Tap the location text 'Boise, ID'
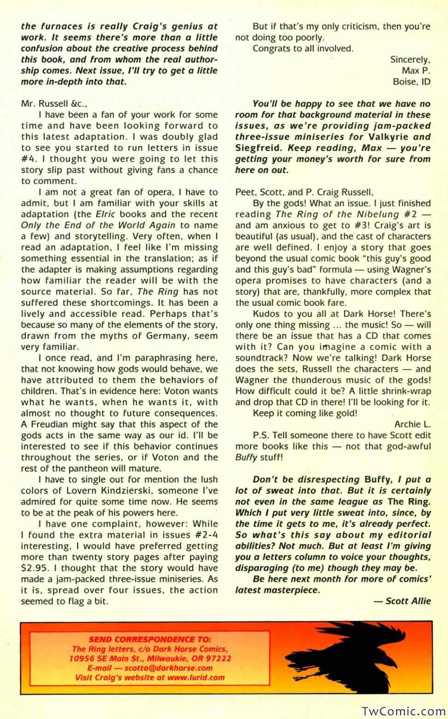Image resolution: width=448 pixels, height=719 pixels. pyautogui.click(x=411, y=82)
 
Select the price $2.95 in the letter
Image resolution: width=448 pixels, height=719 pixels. pyautogui.click(x=35, y=568)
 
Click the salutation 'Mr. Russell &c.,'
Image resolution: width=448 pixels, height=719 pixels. pyautogui.click(x=54, y=103)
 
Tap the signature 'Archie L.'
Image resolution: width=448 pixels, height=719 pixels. pyautogui.click(x=412, y=424)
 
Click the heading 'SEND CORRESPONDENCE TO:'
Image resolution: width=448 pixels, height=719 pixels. pyautogui.click(x=150, y=639)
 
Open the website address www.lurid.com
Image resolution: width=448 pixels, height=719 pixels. pyautogui.click(x=196, y=677)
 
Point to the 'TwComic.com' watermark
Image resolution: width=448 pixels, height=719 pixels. pyautogui.click(x=403, y=711)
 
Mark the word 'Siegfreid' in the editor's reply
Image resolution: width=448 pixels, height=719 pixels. pyautogui.click(x=259, y=148)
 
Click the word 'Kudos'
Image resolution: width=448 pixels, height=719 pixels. pyautogui.click(x=266, y=314)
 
